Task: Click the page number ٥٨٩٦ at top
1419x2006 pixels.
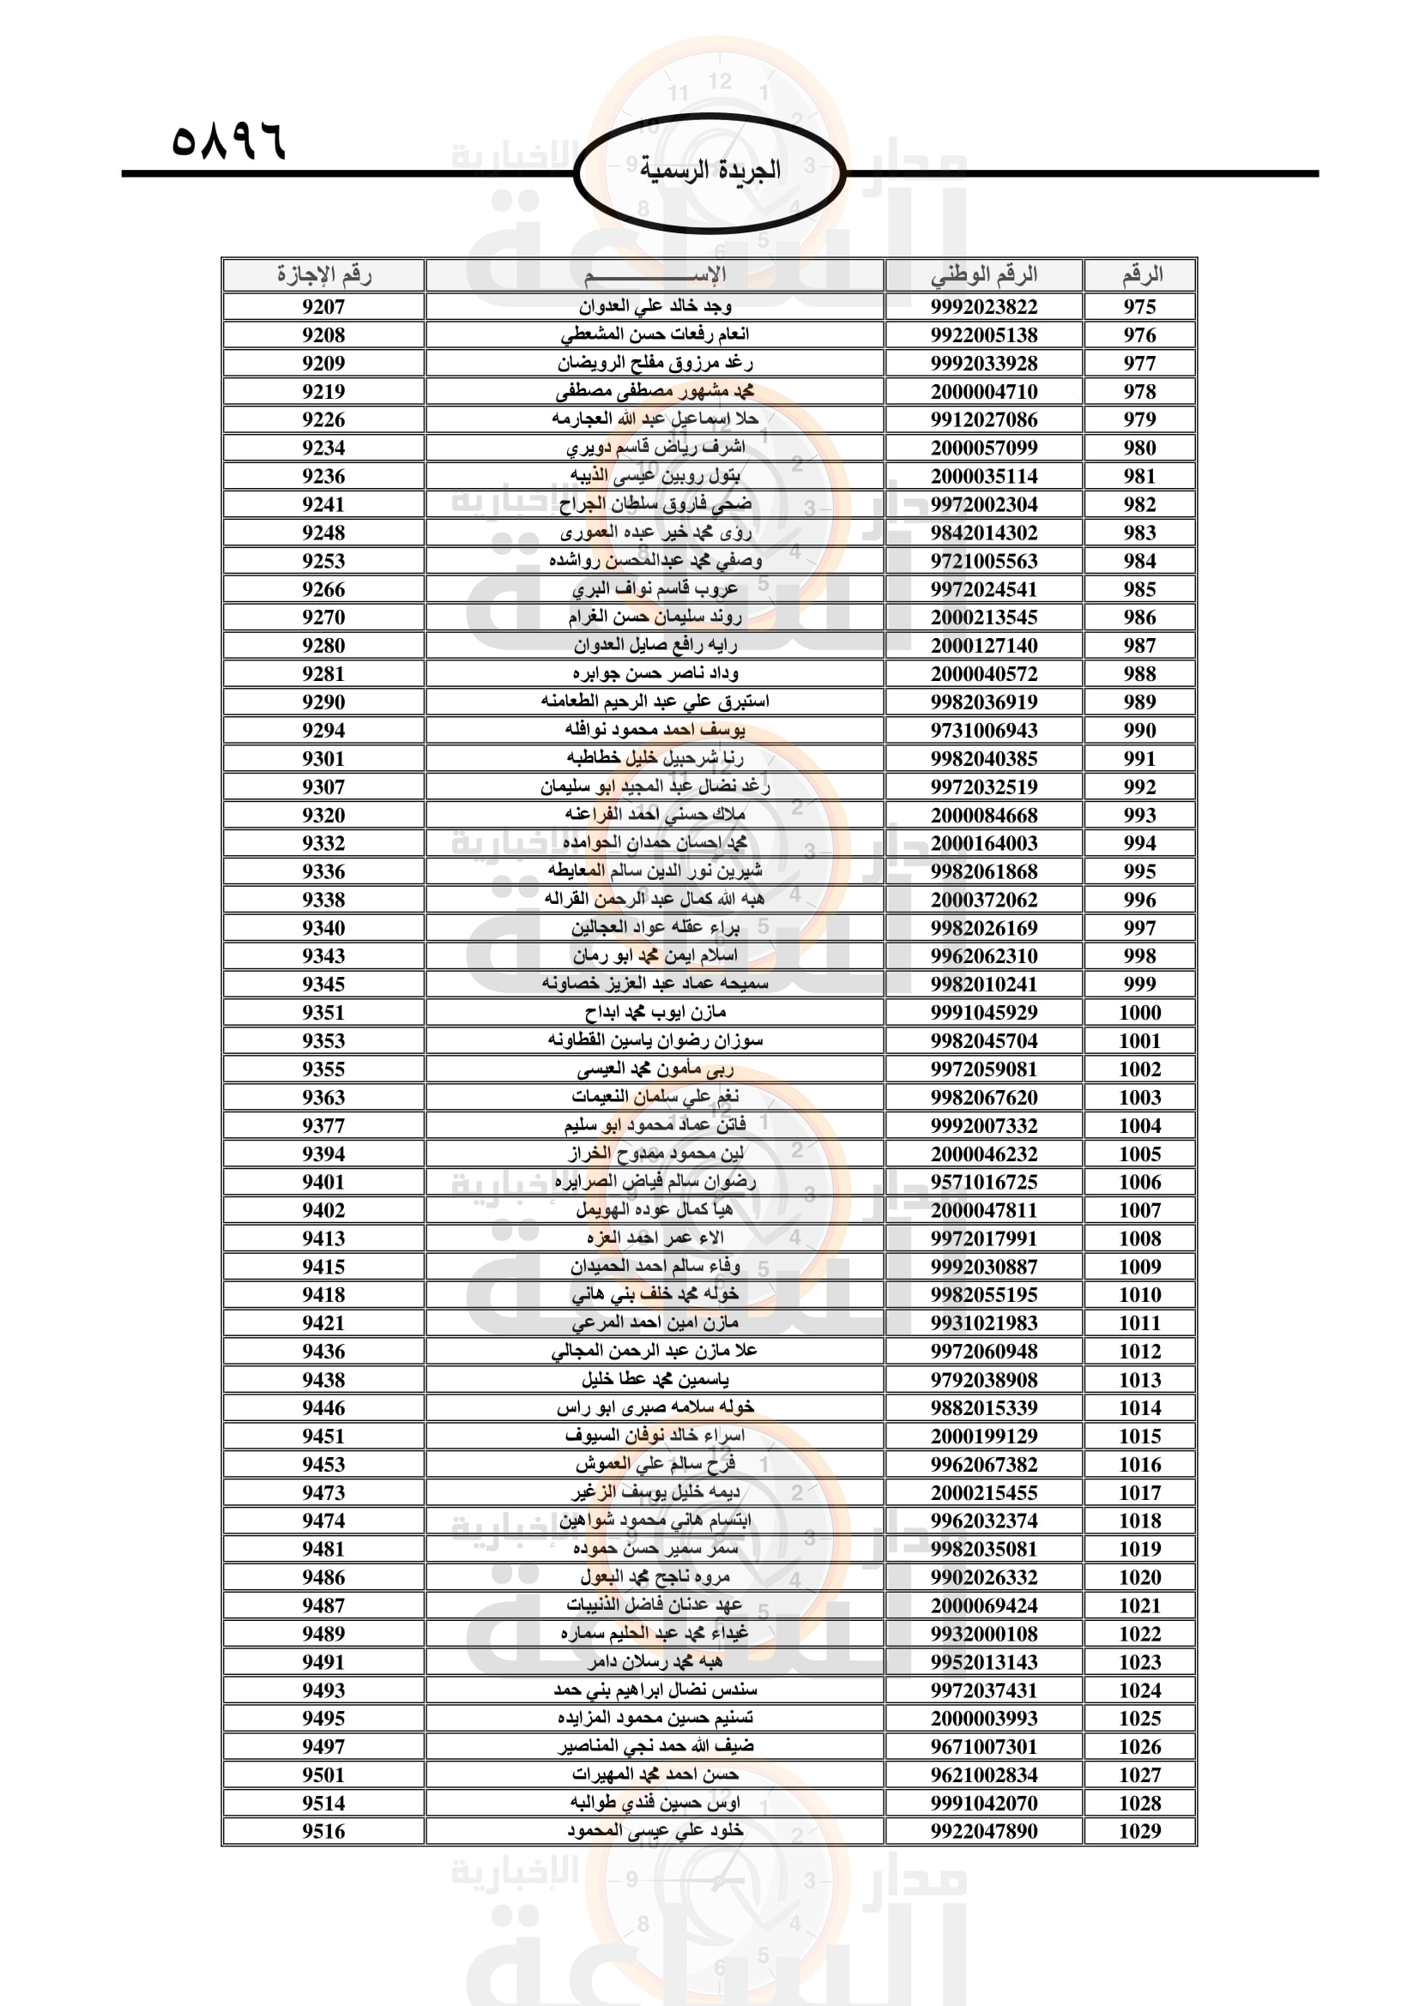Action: coord(229,141)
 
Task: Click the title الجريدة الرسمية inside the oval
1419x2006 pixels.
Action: coord(709,171)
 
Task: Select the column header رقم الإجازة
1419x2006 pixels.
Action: coord(323,275)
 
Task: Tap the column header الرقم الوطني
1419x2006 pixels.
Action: coord(984,275)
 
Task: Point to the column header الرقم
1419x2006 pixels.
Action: coord(1140,275)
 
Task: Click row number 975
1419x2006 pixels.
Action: coord(1139,307)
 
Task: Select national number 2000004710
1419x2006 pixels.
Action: coord(984,391)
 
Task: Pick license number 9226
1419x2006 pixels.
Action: coord(323,419)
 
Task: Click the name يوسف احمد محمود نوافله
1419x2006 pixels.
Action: coord(655,730)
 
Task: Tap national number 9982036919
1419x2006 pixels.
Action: coord(984,702)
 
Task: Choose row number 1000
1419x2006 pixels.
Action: coord(1139,1013)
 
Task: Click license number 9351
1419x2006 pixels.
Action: coord(323,1013)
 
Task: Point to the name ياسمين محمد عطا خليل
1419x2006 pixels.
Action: coord(655,1380)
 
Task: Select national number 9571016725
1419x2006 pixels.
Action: coord(984,1182)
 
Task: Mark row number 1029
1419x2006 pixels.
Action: coord(1139,1831)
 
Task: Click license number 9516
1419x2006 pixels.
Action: coord(323,1831)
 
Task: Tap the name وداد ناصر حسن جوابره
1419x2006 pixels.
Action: coord(655,673)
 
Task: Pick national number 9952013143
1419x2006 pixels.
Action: coord(984,1662)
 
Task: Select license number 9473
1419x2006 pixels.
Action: coord(323,1492)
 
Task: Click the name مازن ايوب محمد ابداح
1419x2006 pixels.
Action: coord(655,1013)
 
